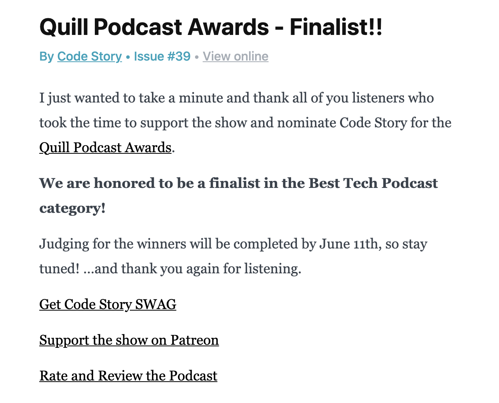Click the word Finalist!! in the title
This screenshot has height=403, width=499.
336,27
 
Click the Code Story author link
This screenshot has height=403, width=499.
89,57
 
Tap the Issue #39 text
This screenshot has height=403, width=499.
162,57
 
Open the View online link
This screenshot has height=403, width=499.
235,57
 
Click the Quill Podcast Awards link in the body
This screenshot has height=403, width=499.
105,148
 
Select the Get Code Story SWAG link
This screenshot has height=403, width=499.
108,304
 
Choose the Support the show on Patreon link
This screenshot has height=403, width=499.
129,340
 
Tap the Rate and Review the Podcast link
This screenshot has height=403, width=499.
128,376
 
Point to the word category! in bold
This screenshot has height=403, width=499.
72,208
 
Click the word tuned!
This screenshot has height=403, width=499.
59,269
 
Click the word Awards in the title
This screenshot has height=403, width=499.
229,27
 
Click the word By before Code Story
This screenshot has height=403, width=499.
46,57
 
